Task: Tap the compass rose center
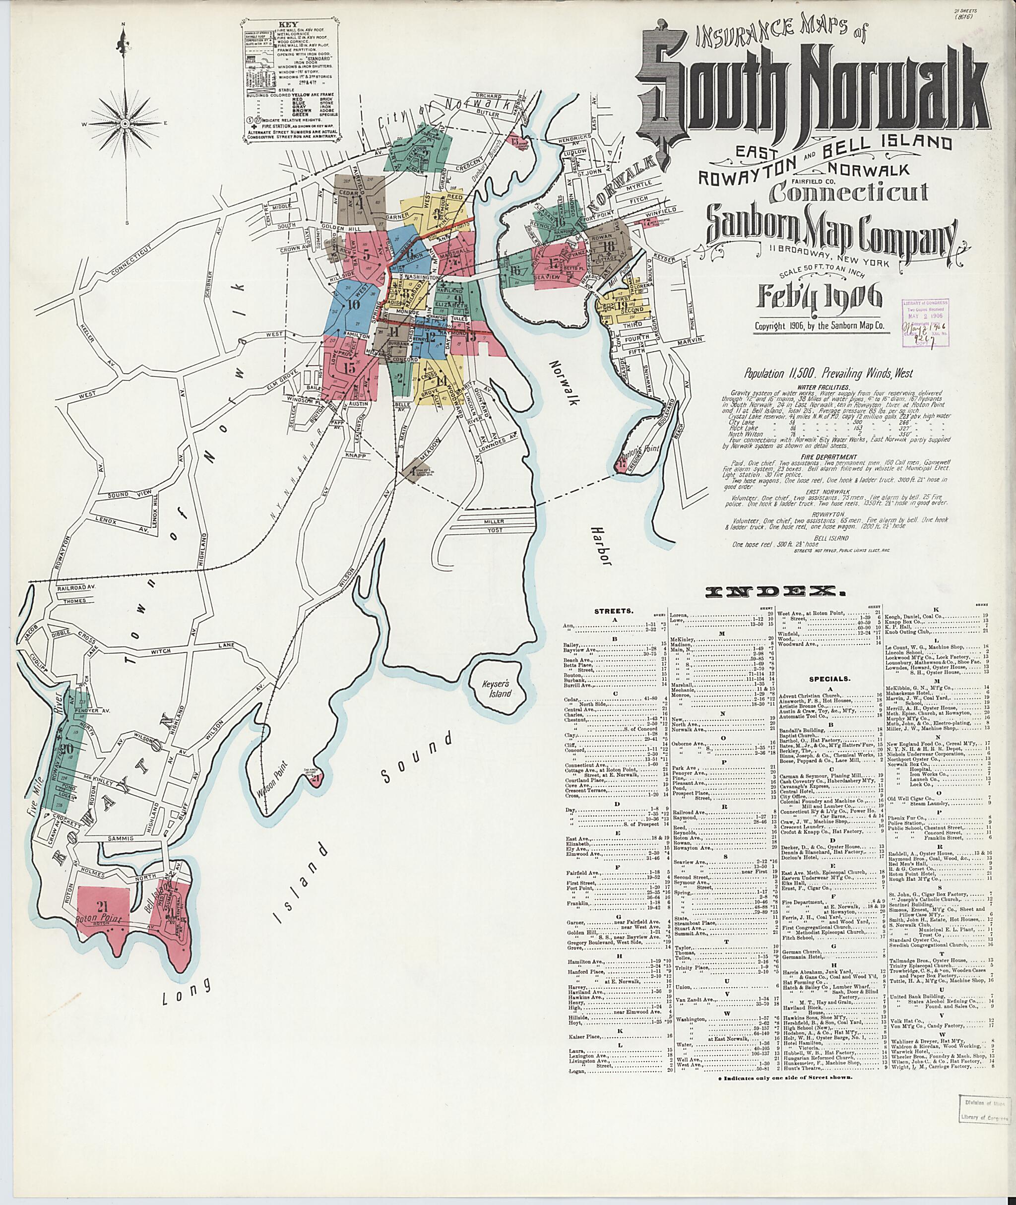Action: coord(126,124)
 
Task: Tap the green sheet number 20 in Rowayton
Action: coord(65,748)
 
